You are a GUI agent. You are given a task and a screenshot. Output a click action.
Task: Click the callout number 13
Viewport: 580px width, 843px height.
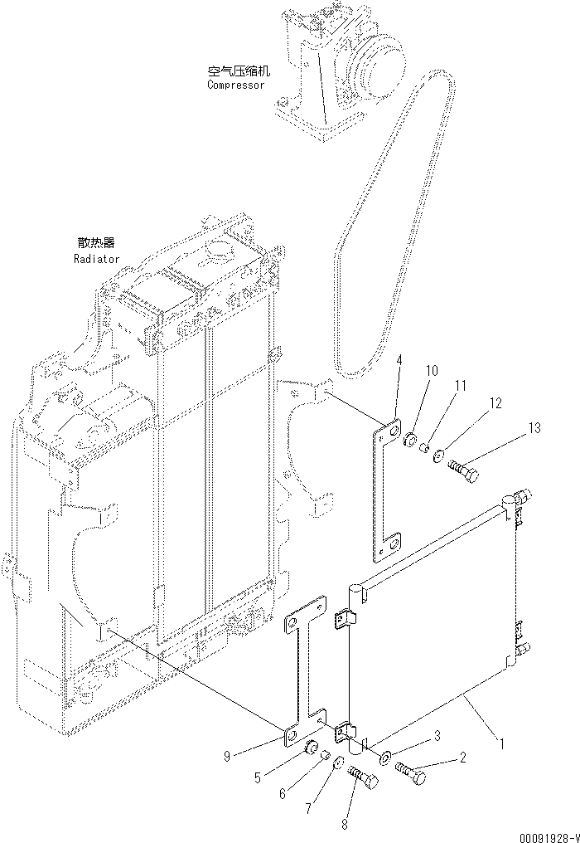pyautogui.click(x=534, y=428)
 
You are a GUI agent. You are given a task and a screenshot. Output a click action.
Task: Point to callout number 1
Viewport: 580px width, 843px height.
pyautogui.click(x=500, y=743)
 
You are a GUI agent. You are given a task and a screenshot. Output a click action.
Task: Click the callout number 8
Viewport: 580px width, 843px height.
pyautogui.click(x=345, y=826)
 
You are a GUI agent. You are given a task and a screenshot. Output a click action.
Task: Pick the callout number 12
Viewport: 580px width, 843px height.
pyautogui.click(x=495, y=404)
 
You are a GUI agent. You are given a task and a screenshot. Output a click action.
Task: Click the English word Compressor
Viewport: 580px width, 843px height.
pyautogui.click(x=236, y=85)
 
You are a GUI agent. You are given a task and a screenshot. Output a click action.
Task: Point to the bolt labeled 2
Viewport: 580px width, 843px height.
pyautogui.click(x=411, y=775)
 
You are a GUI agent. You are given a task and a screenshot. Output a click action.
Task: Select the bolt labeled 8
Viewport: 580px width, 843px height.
pyautogui.click(x=364, y=779)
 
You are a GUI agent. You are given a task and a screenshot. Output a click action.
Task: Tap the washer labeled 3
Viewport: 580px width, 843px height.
pyautogui.click(x=385, y=758)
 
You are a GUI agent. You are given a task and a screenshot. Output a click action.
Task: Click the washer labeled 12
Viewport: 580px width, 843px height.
pyautogui.click(x=438, y=453)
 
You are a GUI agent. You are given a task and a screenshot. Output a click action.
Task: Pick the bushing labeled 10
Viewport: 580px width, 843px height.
pyautogui.click(x=409, y=439)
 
